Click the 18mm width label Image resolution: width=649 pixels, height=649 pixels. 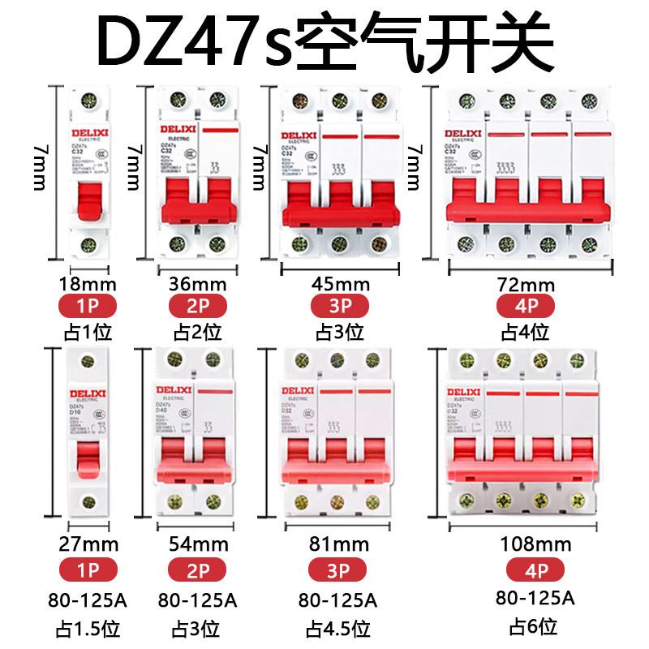click(89, 284)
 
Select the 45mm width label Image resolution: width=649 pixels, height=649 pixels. click(340, 284)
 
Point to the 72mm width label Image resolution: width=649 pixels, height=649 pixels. click(526, 285)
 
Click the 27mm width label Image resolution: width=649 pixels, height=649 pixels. click(89, 544)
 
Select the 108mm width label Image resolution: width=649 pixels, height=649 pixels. click(535, 544)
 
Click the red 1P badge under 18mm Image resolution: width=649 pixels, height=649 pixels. click(89, 307)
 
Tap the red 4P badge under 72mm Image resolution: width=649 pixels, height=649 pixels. click(526, 307)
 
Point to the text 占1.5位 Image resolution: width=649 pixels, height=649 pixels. click(89, 627)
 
